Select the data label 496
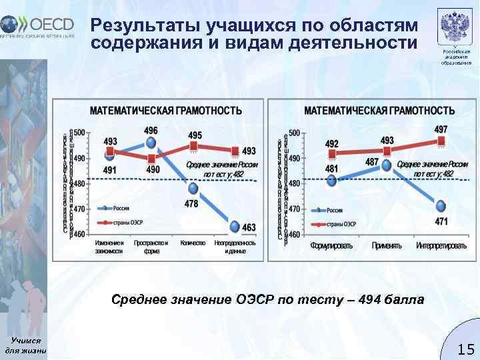click(151, 130)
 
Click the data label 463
click(248, 227)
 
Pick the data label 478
click(191, 203)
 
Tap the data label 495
click(195, 135)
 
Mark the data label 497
click(441, 129)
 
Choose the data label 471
click(441, 221)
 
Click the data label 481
click(331, 169)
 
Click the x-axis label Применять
click(387, 246)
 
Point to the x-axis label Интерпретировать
click(441, 246)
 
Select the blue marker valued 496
click(151, 143)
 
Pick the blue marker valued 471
click(441, 205)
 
